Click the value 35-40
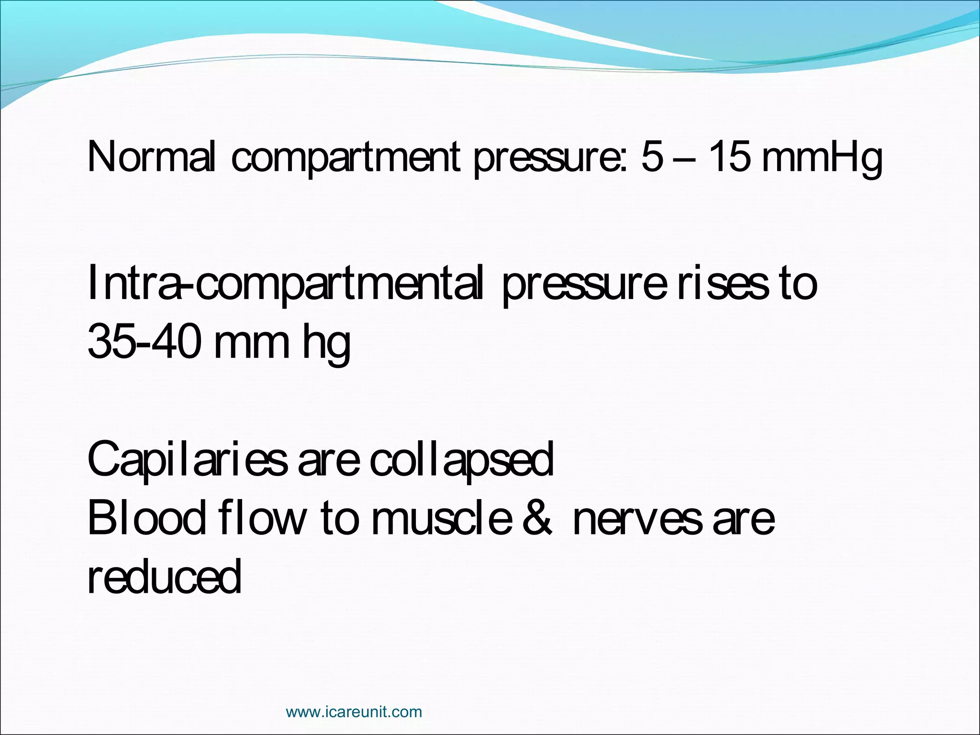coord(144,341)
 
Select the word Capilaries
coord(188,459)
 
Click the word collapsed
coord(461,459)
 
